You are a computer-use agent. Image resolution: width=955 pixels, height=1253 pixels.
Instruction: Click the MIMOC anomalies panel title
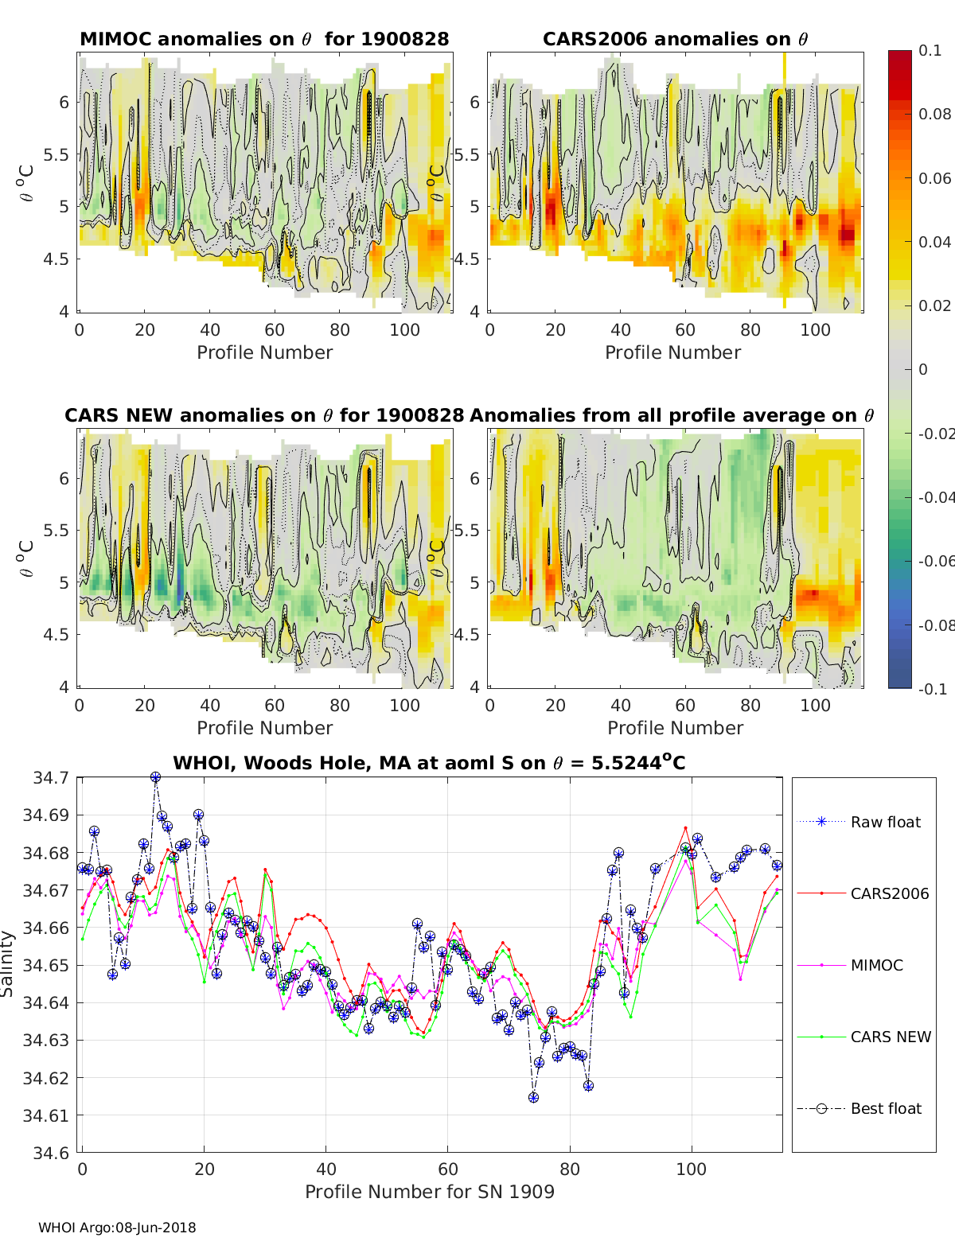tap(264, 39)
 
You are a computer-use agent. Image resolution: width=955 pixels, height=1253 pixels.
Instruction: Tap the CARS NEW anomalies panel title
tap(264, 415)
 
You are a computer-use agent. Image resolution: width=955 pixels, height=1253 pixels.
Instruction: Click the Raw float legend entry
tap(885, 822)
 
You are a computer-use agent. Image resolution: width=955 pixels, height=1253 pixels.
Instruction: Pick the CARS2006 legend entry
tap(889, 893)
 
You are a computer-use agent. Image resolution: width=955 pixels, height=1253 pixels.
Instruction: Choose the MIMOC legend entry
tap(876, 965)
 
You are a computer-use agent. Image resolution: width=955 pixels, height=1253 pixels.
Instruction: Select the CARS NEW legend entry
tap(890, 1037)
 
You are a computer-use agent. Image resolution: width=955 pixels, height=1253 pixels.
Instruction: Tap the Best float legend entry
tap(886, 1108)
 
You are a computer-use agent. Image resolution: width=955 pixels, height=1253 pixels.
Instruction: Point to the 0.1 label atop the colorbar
tap(930, 50)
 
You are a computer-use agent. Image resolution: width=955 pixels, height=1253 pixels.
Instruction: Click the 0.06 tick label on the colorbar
tap(934, 178)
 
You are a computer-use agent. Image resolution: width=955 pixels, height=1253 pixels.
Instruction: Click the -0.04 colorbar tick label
tap(936, 497)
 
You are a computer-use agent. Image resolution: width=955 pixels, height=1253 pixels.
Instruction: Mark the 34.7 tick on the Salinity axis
tap(51, 777)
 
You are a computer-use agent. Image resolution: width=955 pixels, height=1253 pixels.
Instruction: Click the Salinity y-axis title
tap(8, 964)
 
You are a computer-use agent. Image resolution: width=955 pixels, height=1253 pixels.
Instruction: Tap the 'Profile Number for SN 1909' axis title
tap(430, 1192)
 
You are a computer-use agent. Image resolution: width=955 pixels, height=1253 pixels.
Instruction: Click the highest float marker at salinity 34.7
tap(156, 777)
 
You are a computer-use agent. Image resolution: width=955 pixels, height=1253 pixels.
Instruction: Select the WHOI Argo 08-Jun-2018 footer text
tap(117, 1228)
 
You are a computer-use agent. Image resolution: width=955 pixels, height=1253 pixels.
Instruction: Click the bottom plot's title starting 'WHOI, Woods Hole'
tap(429, 763)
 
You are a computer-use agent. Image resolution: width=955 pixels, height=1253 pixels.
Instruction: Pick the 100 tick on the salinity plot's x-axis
tap(691, 1169)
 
